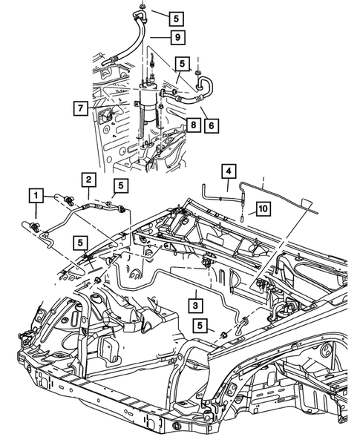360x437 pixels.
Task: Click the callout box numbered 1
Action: coord(35,196)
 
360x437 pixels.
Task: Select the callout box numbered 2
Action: coord(88,180)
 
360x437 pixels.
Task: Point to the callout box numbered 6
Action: coord(212,126)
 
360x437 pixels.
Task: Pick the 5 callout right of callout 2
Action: coord(120,184)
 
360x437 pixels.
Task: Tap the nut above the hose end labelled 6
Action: coord(197,73)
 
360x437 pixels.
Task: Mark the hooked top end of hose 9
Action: coord(138,14)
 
